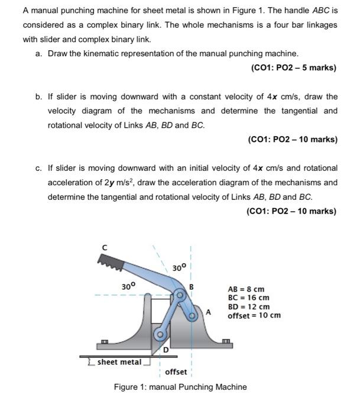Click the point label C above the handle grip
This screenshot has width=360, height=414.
[104, 247]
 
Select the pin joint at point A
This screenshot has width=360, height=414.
[193, 316]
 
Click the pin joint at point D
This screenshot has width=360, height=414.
[159, 335]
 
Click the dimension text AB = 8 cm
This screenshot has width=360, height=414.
[246, 290]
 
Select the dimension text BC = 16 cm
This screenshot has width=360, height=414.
[248, 299]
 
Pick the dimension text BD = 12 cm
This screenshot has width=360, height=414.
[248, 307]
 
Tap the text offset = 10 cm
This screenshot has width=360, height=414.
[254, 315]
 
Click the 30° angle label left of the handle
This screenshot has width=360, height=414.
[129, 286]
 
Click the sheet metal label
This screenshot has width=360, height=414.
[119, 361]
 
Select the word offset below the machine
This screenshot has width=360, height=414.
[176, 372]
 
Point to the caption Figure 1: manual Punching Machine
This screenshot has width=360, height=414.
[180, 387]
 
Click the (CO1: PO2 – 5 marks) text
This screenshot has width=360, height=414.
[294, 68]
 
